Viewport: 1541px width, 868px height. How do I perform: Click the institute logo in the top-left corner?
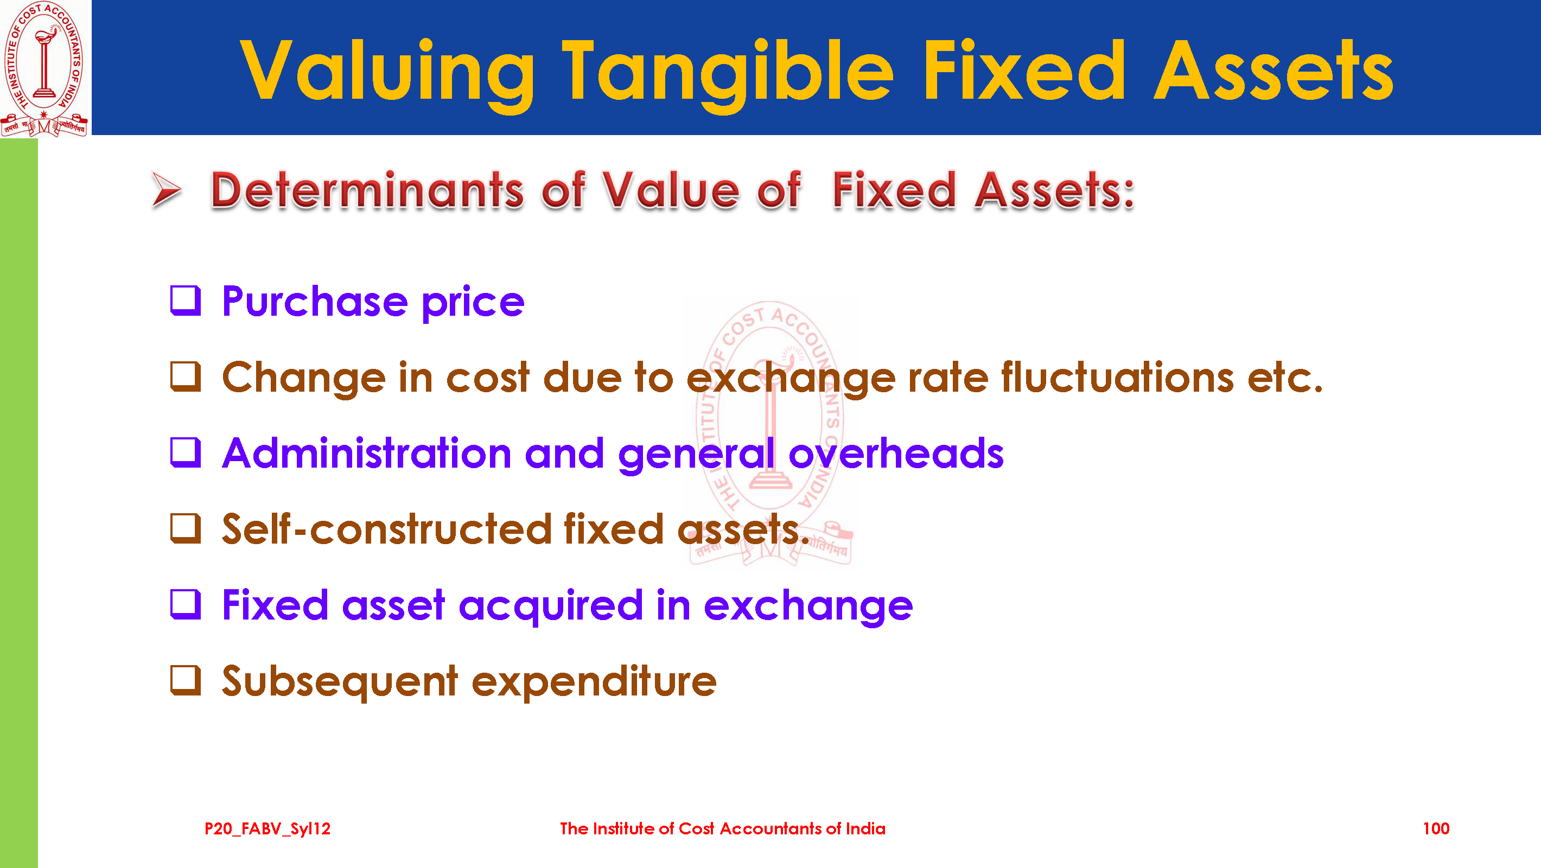point(45,69)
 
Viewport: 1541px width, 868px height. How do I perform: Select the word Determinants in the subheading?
point(367,190)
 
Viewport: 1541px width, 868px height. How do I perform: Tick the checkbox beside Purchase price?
point(186,301)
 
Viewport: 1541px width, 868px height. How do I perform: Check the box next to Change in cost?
point(186,376)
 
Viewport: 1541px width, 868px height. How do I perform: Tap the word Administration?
point(367,453)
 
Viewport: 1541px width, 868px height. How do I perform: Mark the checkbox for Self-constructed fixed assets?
point(186,528)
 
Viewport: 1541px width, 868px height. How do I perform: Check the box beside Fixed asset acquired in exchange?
point(186,604)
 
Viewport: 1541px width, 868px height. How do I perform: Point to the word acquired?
point(550,606)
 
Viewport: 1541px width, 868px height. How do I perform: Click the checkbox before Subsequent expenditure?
point(186,680)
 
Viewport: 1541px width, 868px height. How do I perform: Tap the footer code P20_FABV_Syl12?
point(268,828)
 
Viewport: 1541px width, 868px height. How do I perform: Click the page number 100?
point(1436,828)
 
